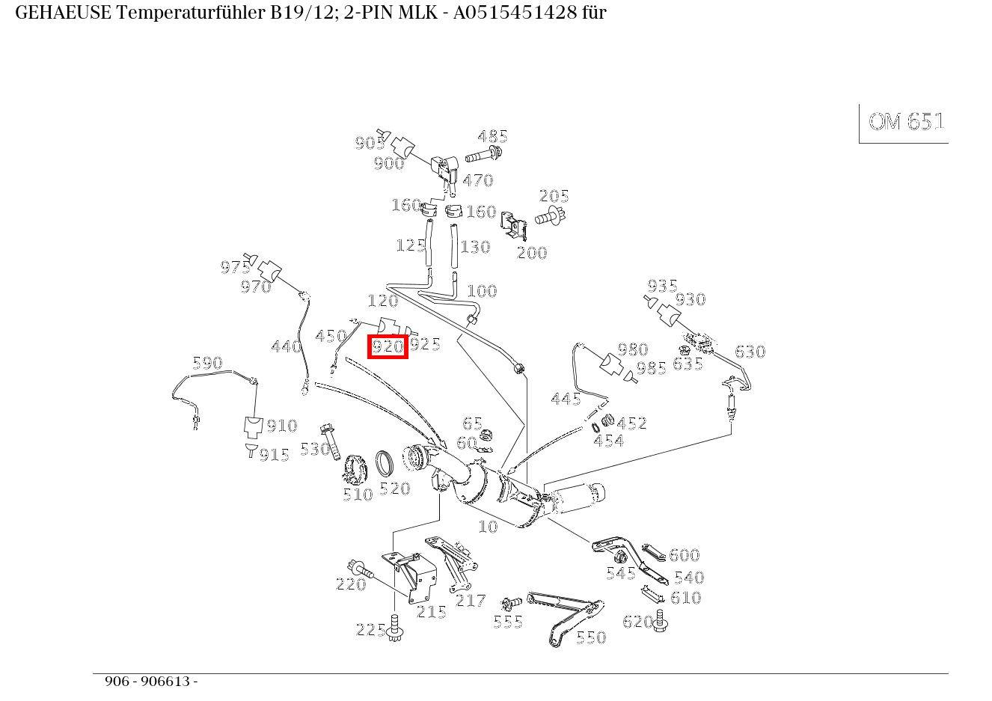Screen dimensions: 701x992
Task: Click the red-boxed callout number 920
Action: pos(388,346)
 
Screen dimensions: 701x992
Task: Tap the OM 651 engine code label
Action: pos(906,122)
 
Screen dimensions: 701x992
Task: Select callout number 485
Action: pos(492,136)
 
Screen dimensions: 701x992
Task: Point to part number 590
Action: pos(207,363)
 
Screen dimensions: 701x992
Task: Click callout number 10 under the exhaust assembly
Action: pos(488,527)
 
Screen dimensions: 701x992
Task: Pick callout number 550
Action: pos(590,637)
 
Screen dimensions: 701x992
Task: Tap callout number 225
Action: pos(370,630)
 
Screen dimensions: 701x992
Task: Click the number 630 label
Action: pos(750,352)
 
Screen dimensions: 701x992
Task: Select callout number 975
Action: pos(235,267)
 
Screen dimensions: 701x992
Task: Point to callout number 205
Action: pos(554,196)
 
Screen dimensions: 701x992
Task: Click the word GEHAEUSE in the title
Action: pos(63,13)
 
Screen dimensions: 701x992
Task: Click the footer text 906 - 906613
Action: pos(150,682)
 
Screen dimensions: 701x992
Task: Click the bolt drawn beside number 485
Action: pos(484,157)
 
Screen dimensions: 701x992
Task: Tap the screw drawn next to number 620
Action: pos(660,621)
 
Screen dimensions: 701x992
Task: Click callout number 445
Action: pos(566,399)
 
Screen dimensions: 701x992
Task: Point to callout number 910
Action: pos(282,426)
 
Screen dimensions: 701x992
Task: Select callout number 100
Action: pos(481,291)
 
